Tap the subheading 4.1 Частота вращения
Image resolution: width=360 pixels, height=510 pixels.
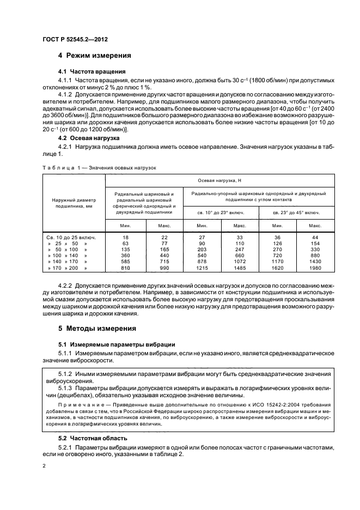click(92, 71)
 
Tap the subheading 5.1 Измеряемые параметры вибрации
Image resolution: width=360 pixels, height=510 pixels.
click(116, 345)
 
